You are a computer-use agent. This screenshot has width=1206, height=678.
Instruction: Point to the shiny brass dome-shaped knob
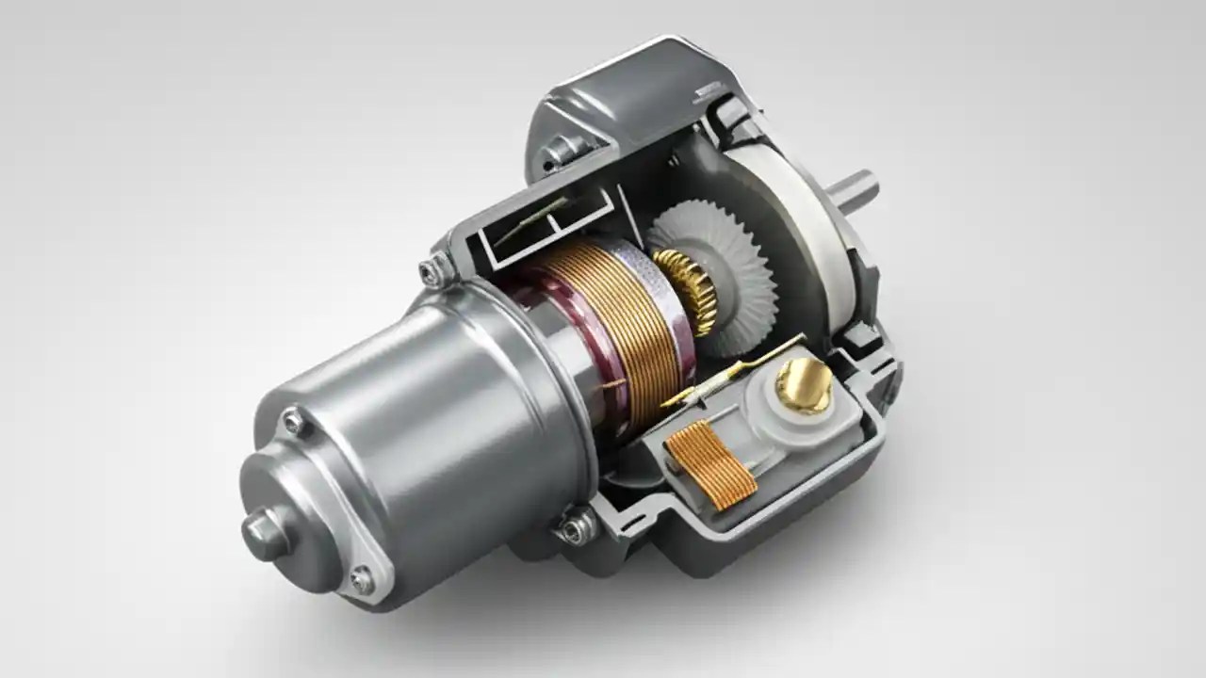click(804, 384)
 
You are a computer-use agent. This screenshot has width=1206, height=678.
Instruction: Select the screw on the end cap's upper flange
click(294, 421)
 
